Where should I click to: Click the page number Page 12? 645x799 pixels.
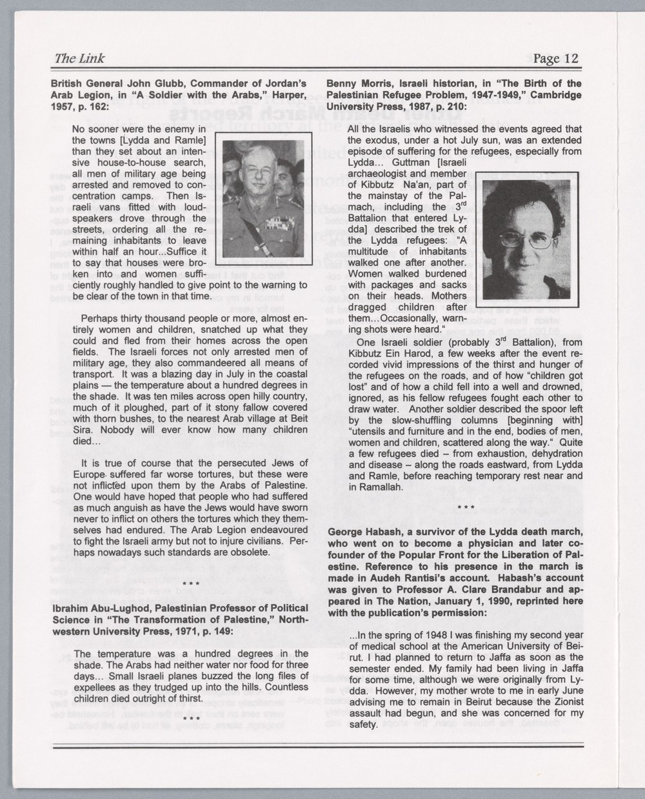557,59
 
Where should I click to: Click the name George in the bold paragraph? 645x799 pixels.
346,532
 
